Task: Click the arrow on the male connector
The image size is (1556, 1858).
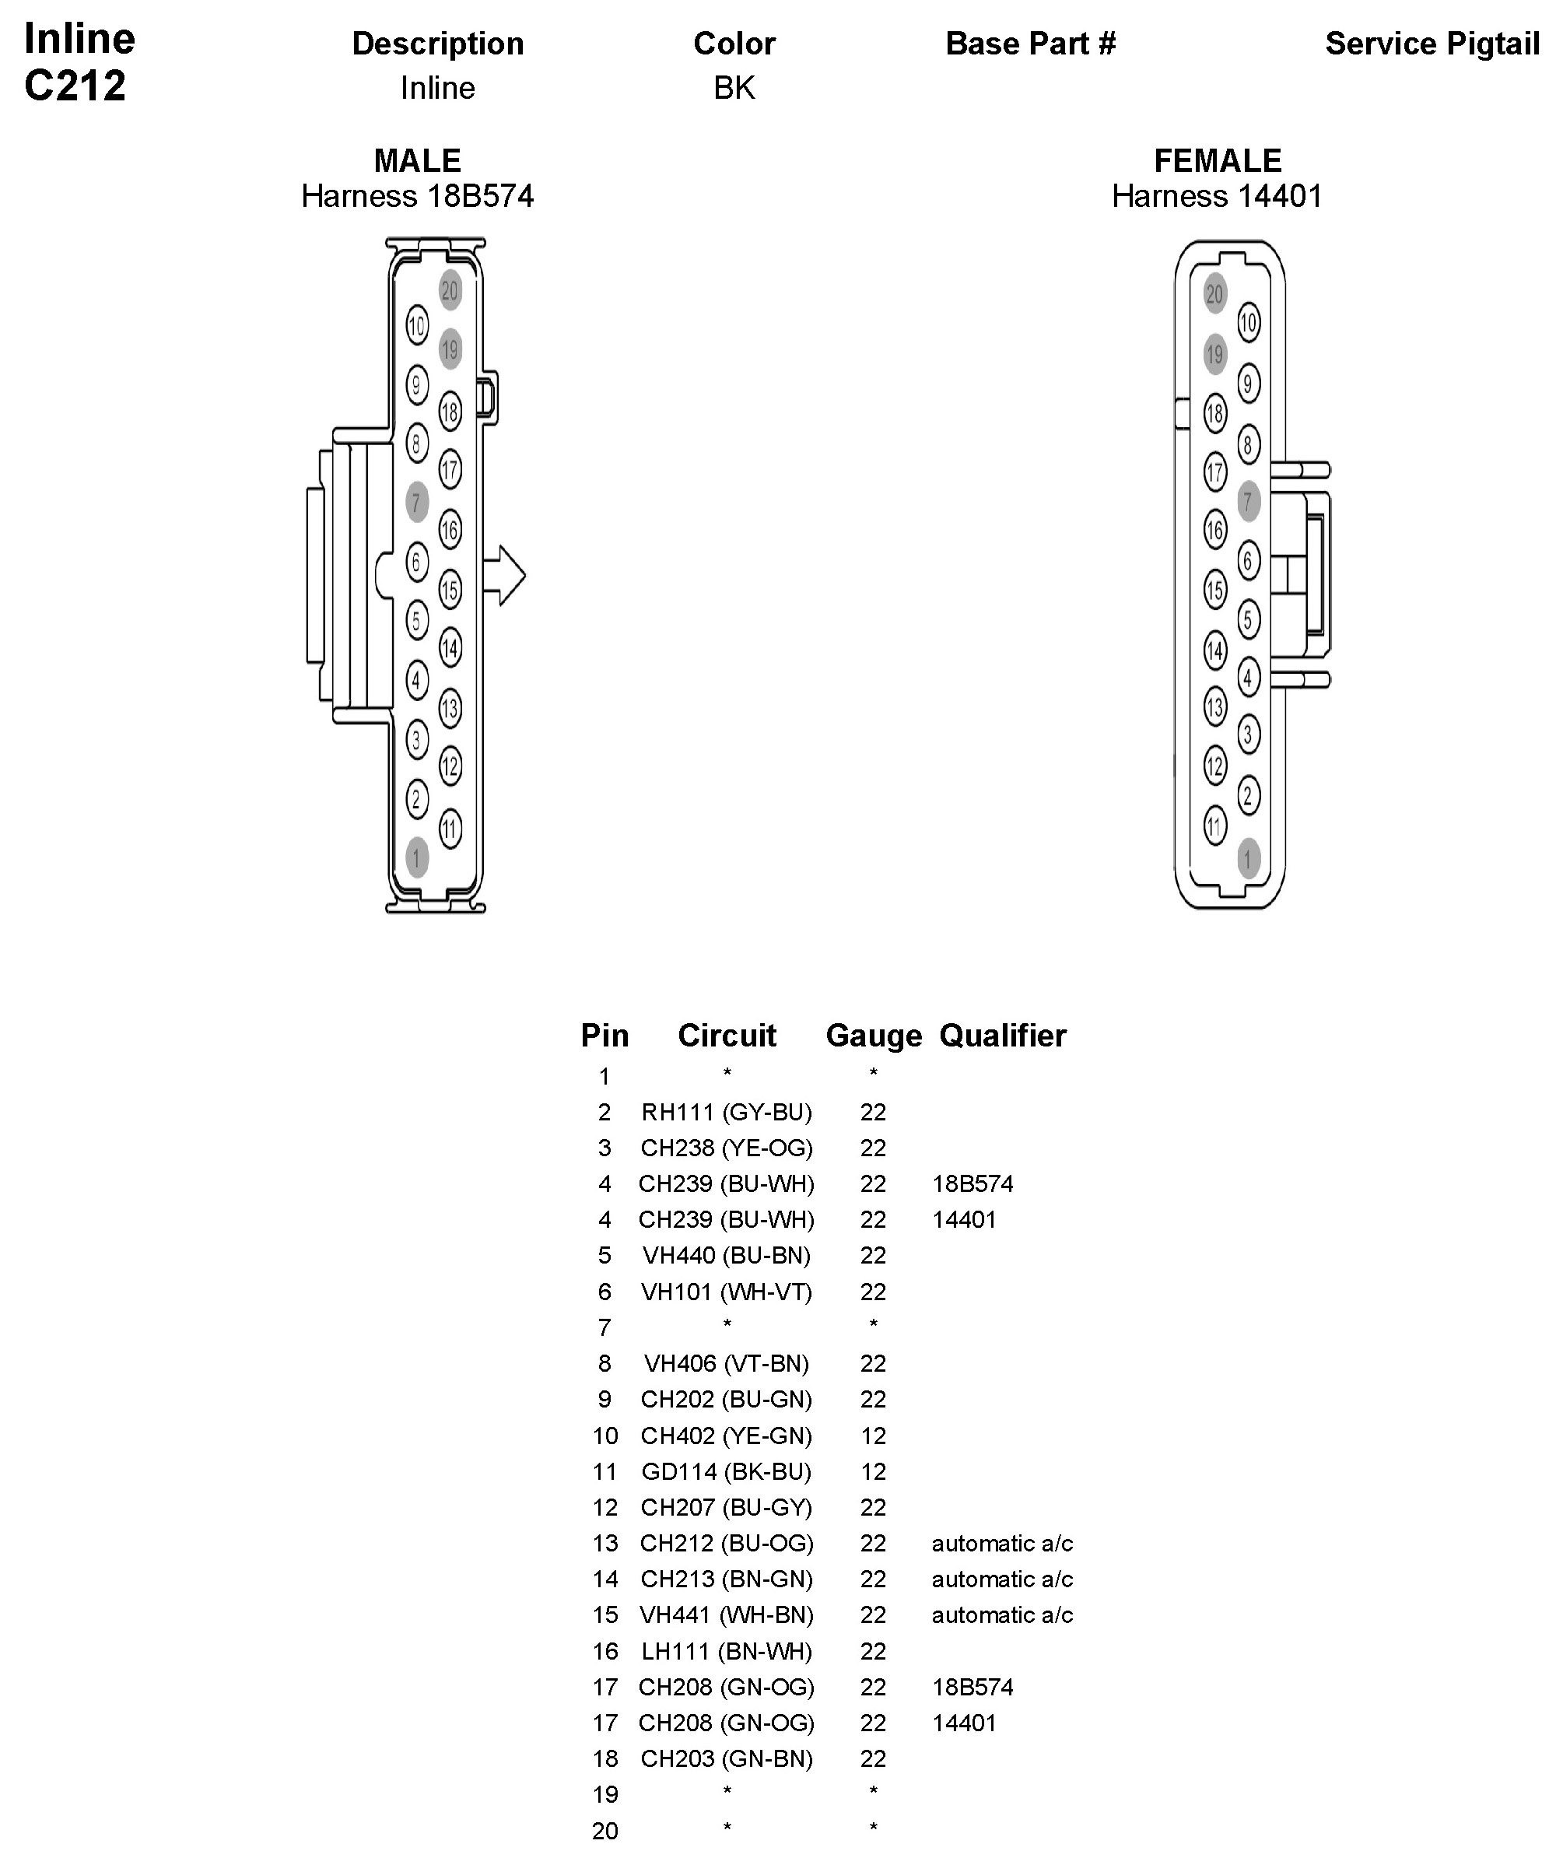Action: [505, 575]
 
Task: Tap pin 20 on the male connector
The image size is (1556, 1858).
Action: [450, 290]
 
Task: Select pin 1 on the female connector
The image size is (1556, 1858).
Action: [1248, 857]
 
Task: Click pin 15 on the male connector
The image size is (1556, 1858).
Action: [450, 589]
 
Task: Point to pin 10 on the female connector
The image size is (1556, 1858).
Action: [1248, 323]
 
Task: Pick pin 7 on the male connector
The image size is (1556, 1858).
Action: [417, 503]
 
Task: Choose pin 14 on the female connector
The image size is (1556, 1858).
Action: [1215, 651]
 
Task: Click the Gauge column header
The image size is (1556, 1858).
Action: [873, 1035]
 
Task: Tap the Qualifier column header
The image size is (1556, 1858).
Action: [1002, 1035]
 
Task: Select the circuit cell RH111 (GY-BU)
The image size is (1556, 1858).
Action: [726, 1112]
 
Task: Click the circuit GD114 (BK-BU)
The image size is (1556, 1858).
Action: [726, 1471]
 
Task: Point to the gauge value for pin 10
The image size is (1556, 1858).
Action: [873, 1435]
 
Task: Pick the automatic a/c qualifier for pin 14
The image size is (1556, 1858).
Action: [1001, 1579]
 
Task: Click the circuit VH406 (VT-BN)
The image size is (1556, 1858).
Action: [726, 1363]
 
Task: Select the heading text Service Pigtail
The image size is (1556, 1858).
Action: [1432, 44]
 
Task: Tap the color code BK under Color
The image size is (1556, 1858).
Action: [734, 88]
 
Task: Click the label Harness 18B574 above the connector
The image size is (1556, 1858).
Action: [418, 195]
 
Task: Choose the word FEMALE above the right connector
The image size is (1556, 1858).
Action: [1218, 160]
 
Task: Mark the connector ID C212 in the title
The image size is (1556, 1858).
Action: [75, 86]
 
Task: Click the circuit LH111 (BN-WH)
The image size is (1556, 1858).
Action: [726, 1651]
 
